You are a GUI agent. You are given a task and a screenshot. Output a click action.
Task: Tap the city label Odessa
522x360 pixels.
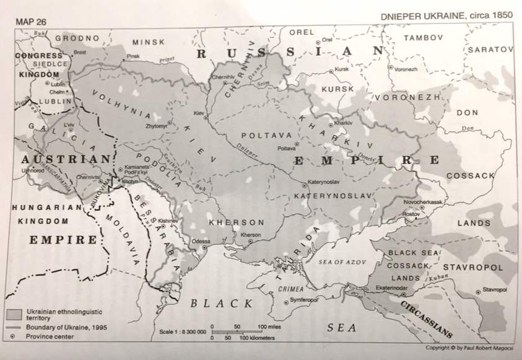point(201,241)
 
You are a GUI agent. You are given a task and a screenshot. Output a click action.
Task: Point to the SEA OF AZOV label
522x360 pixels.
point(342,262)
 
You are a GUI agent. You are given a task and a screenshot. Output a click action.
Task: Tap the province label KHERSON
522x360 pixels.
point(235,222)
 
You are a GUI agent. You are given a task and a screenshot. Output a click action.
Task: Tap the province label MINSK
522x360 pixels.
point(148,42)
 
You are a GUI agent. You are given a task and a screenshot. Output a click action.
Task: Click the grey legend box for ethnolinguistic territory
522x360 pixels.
point(16,312)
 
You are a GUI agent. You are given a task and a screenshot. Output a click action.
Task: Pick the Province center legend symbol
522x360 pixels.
point(12,336)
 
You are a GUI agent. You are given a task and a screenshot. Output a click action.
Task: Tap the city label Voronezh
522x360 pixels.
point(406,69)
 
